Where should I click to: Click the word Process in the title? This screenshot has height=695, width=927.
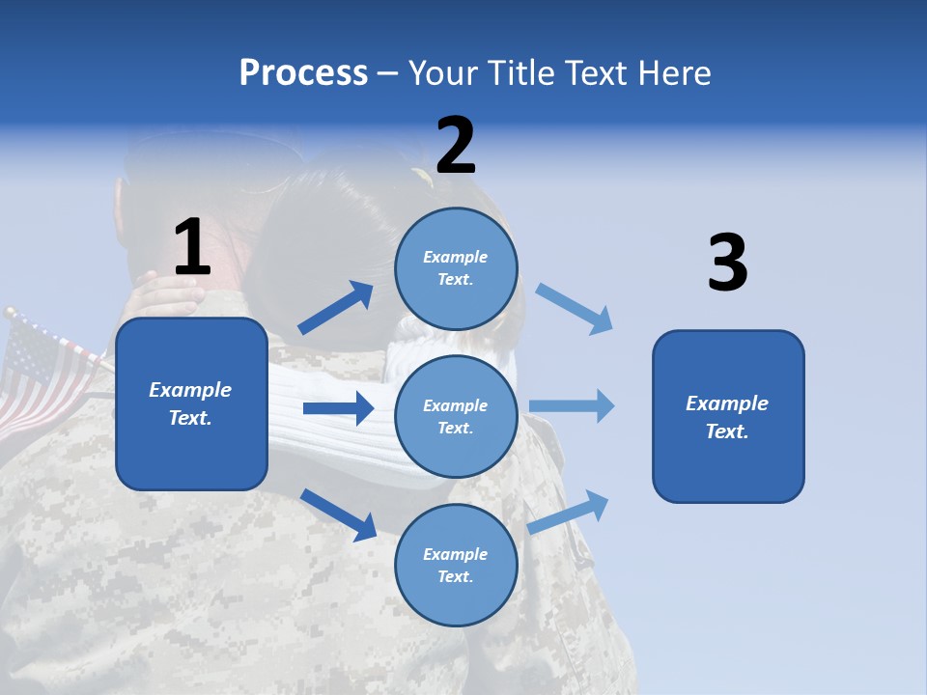303,73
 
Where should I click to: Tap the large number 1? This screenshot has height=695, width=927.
192,248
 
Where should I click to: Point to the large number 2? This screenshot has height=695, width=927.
456,146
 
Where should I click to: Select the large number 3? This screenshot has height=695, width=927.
727,264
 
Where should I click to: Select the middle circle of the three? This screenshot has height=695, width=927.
456,416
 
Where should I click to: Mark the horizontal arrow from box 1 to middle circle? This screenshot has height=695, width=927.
338,408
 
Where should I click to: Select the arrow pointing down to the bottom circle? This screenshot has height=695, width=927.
338,514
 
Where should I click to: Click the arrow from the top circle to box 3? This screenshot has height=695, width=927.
575,309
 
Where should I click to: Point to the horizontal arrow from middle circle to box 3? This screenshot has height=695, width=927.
572,405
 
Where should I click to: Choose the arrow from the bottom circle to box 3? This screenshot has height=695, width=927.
569,512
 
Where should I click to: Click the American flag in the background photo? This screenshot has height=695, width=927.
43,372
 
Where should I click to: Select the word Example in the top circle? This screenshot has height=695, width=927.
456,257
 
